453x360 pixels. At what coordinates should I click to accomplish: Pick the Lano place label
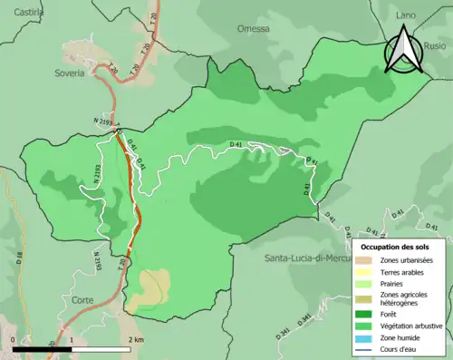(407, 15)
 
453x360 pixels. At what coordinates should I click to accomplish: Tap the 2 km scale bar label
(136, 340)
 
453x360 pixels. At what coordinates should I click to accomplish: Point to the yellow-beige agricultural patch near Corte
(147, 288)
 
